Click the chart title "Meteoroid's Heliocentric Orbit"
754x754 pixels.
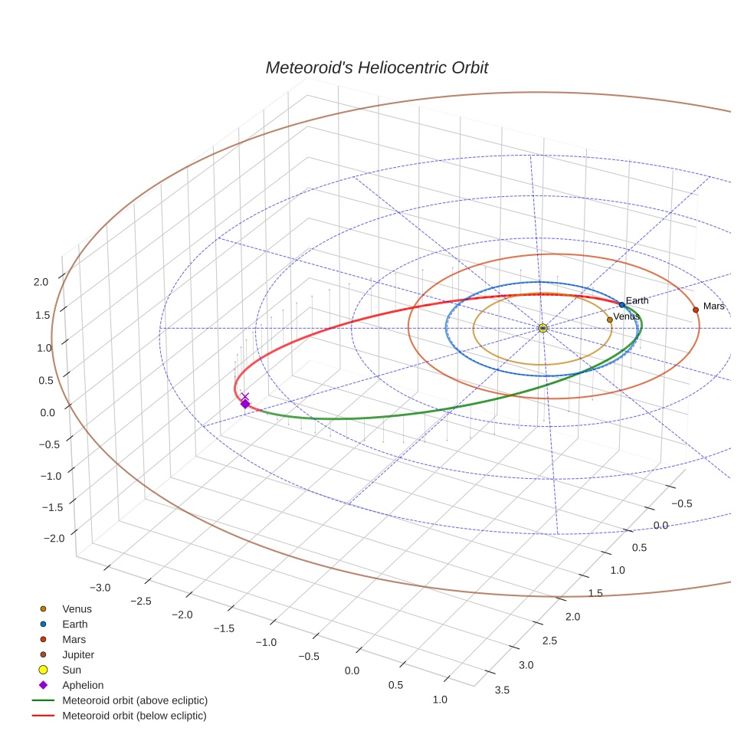[376, 67]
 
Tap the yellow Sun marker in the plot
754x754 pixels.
[543, 328]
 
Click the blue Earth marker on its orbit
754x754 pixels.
[621, 305]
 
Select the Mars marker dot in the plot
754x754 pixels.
[696, 310]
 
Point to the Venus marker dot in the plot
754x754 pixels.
[609, 320]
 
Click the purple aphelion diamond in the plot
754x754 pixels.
[245, 404]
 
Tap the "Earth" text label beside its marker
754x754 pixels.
[637, 300]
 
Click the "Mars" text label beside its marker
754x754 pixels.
[713, 307]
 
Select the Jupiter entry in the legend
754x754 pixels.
[77, 654]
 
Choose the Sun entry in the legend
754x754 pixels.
[71, 670]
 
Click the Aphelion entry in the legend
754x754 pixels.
[82, 685]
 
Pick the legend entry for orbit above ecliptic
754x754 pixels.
[134, 700]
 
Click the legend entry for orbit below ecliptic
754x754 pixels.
[134, 716]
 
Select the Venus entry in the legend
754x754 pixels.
[77, 608]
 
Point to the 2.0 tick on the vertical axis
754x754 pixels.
[41, 281]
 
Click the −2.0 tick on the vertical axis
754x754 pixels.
[54, 538]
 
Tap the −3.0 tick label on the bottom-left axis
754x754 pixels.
[100, 587]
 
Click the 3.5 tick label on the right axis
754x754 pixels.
[503, 690]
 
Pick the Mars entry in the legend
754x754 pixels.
[74, 639]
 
